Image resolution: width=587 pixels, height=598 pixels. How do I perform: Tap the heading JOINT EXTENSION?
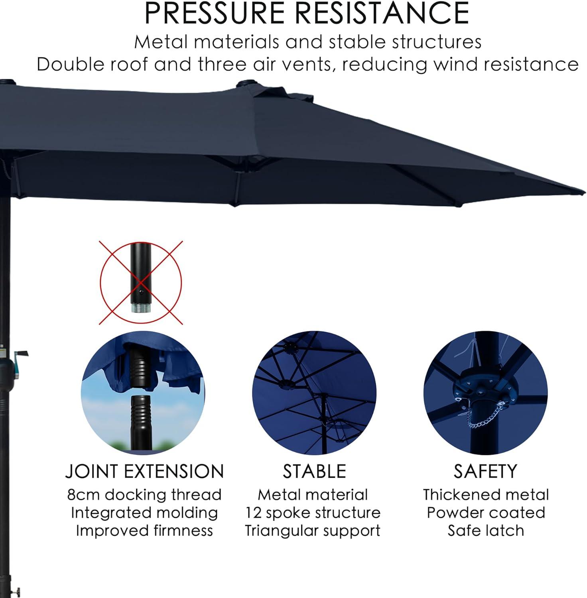tap(144, 471)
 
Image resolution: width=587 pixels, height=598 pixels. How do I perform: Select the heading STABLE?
tap(314, 471)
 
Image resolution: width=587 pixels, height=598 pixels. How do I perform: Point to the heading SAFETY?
tap(485, 471)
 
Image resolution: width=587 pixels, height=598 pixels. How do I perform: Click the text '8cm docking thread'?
tap(144, 495)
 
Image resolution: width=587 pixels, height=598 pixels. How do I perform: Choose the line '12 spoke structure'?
tap(313, 513)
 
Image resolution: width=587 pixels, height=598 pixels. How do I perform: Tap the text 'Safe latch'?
tap(485, 531)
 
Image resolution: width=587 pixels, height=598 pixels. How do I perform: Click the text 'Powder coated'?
tap(485, 513)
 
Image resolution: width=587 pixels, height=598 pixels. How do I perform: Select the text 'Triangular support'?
tap(313, 531)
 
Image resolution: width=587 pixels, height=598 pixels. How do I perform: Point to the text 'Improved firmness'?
tap(144, 531)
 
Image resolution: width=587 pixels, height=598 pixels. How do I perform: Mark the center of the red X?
tap(141, 283)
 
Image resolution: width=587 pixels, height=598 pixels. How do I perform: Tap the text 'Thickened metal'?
tap(485, 495)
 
